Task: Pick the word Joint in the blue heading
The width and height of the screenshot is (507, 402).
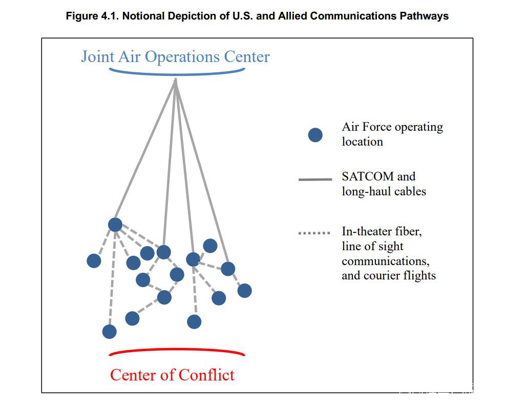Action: pos(98,56)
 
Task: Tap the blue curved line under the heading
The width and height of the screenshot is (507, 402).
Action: pos(177,73)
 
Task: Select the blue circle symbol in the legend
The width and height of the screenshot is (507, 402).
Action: pos(315,135)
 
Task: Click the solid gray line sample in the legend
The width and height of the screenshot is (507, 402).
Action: pos(315,179)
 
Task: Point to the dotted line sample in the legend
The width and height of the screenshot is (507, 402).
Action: pos(314,233)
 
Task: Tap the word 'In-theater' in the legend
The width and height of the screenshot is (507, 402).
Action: pos(368,231)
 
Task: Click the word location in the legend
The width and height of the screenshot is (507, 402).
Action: pos(362,142)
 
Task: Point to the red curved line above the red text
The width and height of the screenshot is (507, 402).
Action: pos(177,351)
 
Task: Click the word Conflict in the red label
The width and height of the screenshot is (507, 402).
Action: pos(206,375)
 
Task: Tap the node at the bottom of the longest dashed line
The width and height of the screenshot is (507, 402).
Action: pos(109,332)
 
